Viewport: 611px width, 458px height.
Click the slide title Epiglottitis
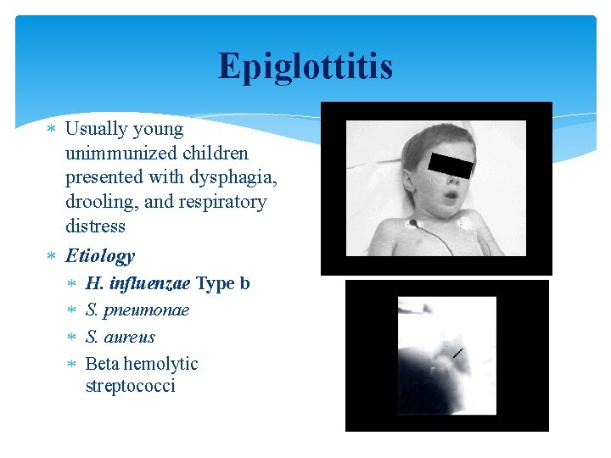click(305, 66)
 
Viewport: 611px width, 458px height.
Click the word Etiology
click(99, 255)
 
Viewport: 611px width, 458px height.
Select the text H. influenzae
click(137, 283)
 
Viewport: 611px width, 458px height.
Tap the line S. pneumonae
click(137, 310)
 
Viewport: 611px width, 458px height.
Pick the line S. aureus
click(121, 337)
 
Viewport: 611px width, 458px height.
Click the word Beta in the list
click(102, 364)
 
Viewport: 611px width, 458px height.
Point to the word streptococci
click(130, 386)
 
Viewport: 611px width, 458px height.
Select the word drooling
click(98, 202)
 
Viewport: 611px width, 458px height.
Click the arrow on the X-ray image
click(457, 352)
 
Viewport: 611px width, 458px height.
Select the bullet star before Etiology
click(52, 255)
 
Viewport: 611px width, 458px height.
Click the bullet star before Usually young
click(52, 129)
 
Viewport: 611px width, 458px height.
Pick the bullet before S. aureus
click(72, 337)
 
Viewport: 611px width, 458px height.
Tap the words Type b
click(223, 283)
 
